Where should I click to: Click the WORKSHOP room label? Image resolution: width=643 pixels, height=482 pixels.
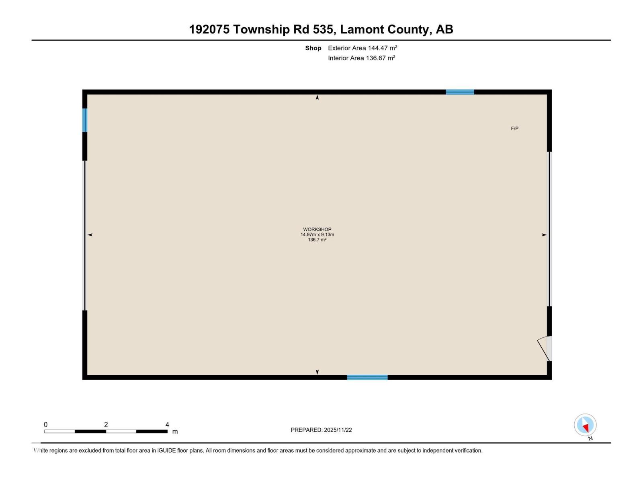click(317, 229)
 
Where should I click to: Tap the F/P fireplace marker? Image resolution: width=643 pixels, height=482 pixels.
click(514, 129)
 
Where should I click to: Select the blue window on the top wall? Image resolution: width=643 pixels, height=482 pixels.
click(460, 92)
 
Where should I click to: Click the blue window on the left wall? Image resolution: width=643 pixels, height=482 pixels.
click(85, 120)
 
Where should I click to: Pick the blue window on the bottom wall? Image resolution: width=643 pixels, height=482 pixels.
click(367, 377)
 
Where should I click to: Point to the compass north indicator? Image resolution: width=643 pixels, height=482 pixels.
click(585, 425)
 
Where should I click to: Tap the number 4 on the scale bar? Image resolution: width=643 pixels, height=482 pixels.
click(167, 425)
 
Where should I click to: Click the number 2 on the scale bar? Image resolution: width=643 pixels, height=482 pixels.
click(106, 425)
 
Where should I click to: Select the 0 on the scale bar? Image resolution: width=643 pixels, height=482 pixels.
click(46, 425)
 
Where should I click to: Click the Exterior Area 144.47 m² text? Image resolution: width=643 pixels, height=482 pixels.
click(362, 48)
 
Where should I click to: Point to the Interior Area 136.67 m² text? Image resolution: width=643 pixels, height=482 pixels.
click(361, 58)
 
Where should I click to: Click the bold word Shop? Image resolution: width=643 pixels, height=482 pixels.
click(313, 48)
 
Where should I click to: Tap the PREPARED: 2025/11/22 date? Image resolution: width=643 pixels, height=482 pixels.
click(321, 430)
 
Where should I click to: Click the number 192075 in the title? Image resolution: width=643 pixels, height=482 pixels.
click(209, 29)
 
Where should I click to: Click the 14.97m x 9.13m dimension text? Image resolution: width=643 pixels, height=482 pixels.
click(317, 235)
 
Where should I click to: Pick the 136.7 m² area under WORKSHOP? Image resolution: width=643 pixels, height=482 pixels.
click(317, 240)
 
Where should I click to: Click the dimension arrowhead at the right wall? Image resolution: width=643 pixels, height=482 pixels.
click(544, 235)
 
